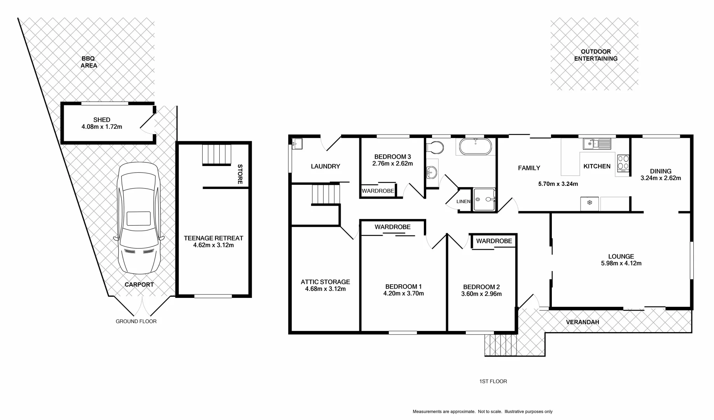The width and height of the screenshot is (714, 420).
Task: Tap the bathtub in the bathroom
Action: coord(475,147)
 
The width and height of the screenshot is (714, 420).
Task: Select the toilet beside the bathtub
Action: coord(435,147)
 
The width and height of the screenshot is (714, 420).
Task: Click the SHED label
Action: coord(102,120)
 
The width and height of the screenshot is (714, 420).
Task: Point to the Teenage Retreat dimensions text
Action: coord(213,245)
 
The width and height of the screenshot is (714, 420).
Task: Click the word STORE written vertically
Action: coord(240,174)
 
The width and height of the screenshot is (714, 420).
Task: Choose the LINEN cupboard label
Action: coord(463,201)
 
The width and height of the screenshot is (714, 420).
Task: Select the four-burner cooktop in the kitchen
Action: coord(623,163)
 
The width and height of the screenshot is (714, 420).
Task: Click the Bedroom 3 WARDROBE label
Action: coord(378,191)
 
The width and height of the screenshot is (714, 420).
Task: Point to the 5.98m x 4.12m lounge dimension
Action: coord(621,263)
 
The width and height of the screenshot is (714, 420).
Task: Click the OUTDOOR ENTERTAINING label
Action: coord(596,55)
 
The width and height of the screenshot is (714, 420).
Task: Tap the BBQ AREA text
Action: coord(88,62)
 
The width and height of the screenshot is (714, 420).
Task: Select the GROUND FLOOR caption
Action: coord(136,322)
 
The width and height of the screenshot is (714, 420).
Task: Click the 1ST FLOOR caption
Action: coord(493,381)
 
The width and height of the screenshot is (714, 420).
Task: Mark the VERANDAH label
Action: coord(582,322)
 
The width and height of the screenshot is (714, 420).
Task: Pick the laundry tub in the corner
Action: coord(297,143)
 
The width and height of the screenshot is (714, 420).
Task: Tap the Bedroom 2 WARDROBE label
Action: coord(494,241)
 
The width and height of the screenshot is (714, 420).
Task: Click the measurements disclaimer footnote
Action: coord(482,411)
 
